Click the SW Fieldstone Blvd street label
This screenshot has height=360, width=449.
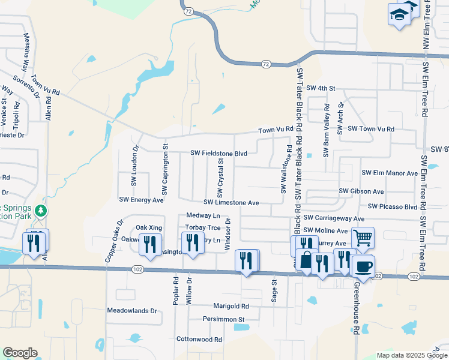point(219,154)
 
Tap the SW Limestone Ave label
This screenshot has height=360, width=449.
point(231,203)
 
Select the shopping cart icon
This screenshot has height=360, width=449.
point(363,238)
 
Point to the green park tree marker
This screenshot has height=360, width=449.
point(41,211)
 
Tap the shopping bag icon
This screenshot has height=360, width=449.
point(307,261)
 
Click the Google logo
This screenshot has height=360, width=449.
point(20,353)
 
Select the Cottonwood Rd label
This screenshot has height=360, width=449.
point(199,339)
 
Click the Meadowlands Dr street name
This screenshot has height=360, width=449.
point(131,311)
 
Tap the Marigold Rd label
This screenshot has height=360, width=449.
point(231,306)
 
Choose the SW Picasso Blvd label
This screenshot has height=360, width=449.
point(393,206)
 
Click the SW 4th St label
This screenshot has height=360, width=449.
point(320,88)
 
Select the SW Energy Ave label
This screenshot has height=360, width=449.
point(142,200)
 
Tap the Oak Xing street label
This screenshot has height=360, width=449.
point(149,227)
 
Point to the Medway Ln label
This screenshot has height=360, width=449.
point(203,215)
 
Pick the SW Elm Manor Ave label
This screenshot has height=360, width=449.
point(389,173)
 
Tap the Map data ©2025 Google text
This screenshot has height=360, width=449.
point(411,355)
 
